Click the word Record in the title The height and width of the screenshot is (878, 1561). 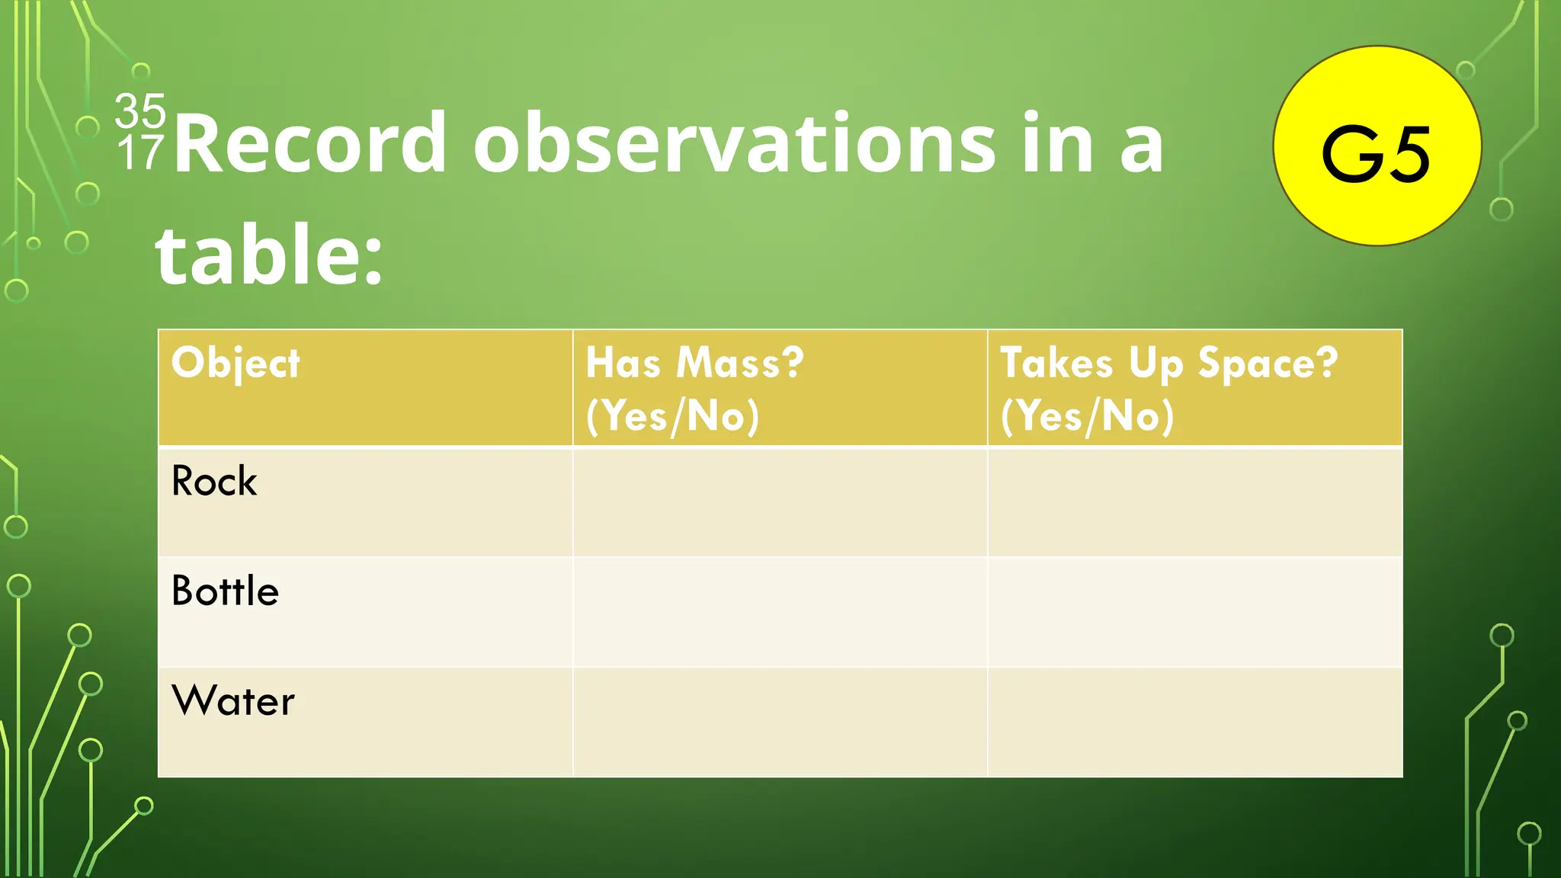point(309,143)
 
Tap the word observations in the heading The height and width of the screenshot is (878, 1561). point(734,143)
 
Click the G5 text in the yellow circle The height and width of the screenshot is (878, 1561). point(1376,155)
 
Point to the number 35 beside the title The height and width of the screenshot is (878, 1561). point(140,111)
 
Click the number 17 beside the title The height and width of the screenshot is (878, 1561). point(140,152)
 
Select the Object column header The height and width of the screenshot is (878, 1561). point(236,364)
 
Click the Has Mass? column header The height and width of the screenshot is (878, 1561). point(694,363)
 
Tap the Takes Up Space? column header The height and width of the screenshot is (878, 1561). point(1168,363)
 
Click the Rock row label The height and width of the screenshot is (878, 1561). point(214,482)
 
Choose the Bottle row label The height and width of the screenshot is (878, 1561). point(225,591)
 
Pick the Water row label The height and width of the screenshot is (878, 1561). point(233,701)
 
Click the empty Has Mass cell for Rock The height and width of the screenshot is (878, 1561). point(780,502)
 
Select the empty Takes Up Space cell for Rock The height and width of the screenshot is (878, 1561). point(1194,502)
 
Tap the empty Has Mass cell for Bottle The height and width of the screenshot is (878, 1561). point(780,612)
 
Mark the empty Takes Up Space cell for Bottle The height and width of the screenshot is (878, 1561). point(1194,612)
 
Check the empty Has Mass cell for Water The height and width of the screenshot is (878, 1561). point(780,722)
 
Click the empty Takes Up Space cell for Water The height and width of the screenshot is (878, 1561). point(1194,722)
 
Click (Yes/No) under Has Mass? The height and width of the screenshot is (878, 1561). point(672,416)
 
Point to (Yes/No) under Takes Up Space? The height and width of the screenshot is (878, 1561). point(1087,416)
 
